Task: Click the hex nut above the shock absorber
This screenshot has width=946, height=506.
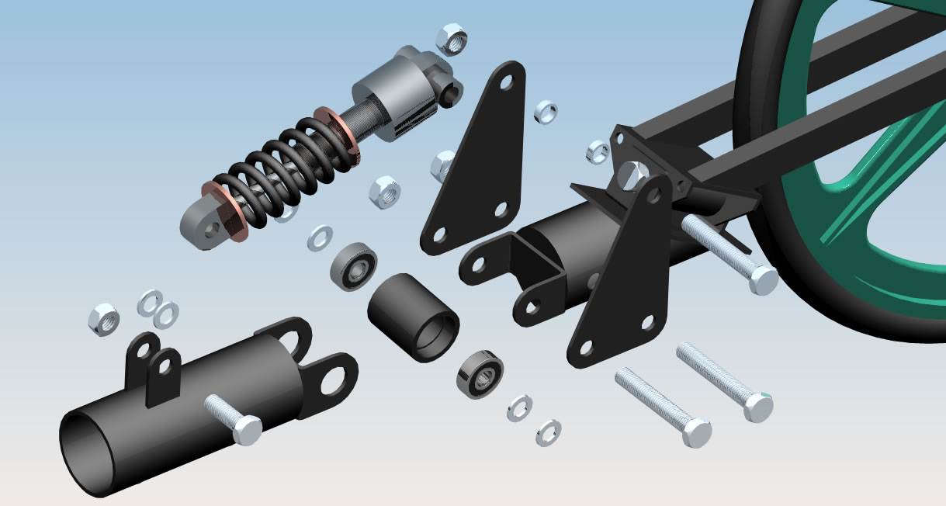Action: tap(451, 38)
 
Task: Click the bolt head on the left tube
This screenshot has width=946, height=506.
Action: tap(248, 430)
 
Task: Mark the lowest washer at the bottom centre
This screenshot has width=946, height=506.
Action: tap(549, 432)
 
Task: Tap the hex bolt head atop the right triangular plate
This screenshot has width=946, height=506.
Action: tap(635, 174)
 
